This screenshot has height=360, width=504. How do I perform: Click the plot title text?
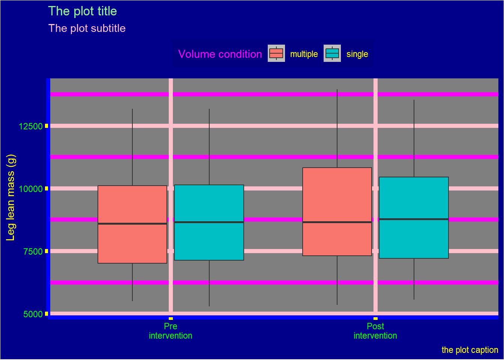[x=82, y=11]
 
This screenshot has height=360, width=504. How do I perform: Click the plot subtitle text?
[x=87, y=28]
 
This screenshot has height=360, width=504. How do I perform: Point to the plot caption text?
[x=469, y=350]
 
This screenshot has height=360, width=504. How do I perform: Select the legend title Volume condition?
[x=220, y=54]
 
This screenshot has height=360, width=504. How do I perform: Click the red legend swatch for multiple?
[x=276, y=53]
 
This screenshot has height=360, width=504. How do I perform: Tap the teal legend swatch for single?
[x=332, y=53]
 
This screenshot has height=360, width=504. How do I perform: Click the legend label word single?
[x=357, y=54]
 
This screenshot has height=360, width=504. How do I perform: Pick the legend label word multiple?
[x=304, y=54]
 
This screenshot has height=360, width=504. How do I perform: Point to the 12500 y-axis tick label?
[x=31, y=126]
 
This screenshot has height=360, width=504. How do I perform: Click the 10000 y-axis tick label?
[x=31, y=189]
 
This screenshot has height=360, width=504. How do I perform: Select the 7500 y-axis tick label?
[x=33, y=252]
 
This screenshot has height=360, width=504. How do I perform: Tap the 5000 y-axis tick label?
[x=33, y=314]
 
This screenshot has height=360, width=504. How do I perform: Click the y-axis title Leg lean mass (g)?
[x=10, y=197]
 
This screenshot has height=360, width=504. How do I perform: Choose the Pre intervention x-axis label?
[x=171, y=331]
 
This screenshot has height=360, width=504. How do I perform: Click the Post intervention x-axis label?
[x=375, y=331]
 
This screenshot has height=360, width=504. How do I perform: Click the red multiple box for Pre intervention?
[x=132, y=244]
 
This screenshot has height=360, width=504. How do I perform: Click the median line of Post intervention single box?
[x=414, y=219]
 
